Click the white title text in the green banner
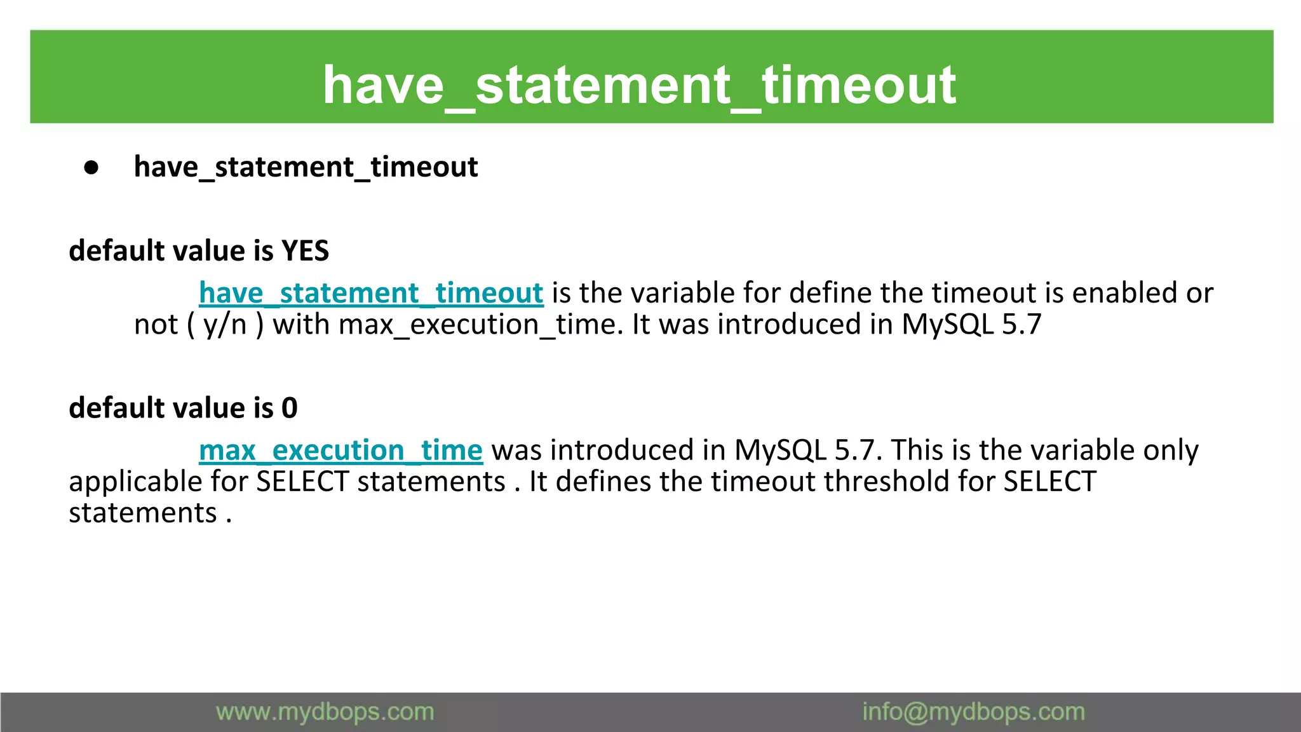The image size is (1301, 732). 639,85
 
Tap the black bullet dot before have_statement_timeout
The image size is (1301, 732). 91,168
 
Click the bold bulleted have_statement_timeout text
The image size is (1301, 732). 306,167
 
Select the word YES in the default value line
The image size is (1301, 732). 305,251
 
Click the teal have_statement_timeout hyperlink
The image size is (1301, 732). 371,294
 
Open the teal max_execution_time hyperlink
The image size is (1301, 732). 340,451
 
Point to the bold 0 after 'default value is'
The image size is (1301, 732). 290,408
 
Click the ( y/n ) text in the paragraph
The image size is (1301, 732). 225,325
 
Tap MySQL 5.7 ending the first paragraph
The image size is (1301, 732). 971,325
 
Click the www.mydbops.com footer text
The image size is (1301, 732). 325,712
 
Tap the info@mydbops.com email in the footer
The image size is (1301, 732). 973,712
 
